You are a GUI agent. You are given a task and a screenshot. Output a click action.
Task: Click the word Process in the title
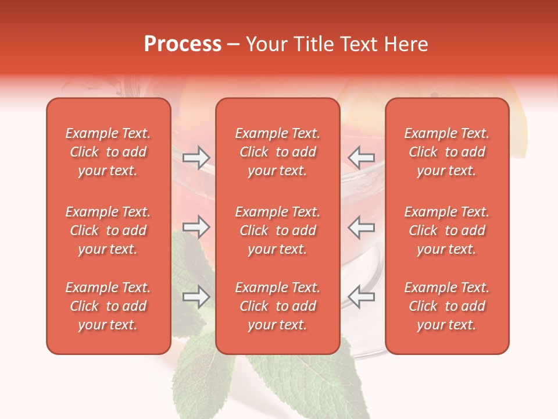click(x=183, y=44)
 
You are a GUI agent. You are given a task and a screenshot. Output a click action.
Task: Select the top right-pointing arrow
click(x=196, y=158)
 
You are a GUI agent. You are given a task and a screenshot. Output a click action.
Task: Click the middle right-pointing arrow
click(x=196, y=227)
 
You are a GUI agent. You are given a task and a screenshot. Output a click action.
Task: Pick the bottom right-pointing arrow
click(x=196, y=297)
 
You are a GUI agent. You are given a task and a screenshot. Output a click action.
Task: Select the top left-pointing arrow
click(x=361, y=158)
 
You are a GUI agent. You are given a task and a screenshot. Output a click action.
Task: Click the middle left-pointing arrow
click(x=361, y=227)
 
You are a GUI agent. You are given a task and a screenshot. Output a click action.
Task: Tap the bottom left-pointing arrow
click(x=361, y=297)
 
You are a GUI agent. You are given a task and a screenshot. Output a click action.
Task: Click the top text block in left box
click(x=108, y=152)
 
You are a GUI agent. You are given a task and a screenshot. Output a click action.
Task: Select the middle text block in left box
click(x=108, y=230)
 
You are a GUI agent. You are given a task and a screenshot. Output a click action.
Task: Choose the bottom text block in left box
click(x=108, y=306)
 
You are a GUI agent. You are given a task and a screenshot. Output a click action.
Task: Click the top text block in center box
click(x=277, y=152)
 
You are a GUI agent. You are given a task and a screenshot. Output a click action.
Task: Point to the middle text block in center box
click(x=277, y=230)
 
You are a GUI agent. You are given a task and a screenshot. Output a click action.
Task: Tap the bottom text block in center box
click(x=277, y=306)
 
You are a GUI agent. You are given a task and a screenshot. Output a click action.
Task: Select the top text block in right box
click(x=446, y=152)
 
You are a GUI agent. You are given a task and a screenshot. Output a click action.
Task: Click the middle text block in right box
click(x=446, y=230)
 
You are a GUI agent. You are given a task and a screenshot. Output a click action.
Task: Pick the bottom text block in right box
click(x=446, y=306)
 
